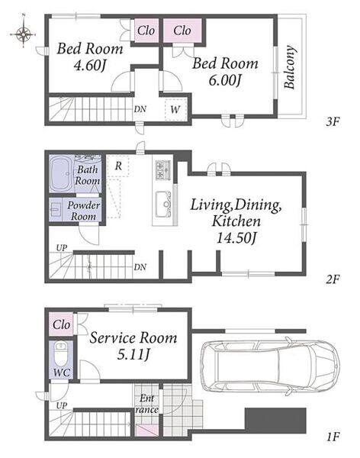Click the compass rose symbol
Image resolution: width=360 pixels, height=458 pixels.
click(23, 34)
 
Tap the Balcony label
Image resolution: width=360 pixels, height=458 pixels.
click(289, 67)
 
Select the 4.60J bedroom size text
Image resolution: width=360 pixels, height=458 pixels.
click(89, 66)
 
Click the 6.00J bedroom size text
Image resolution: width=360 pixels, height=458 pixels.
click(225, 80)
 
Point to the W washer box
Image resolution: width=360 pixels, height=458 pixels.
click(175, 109)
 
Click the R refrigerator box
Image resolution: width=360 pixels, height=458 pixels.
click(118, 166)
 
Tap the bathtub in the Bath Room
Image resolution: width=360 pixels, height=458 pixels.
click(63, 174)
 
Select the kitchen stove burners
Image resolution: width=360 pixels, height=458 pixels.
click(163, 169)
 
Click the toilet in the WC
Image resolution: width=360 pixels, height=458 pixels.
click(61, 353)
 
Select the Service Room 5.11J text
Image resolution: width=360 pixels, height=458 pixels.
click(133, 346)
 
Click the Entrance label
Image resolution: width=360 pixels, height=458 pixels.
click(147, 404)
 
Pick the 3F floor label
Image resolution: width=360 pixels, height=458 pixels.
click(333, 121)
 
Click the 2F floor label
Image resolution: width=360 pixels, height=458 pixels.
click(333, 279)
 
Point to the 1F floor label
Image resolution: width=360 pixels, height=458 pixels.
click(333, 437)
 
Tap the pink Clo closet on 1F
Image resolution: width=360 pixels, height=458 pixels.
click(61, 324)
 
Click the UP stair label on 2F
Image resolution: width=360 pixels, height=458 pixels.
click(61, 248)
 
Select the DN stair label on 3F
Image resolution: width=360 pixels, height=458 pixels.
click(140, 109)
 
